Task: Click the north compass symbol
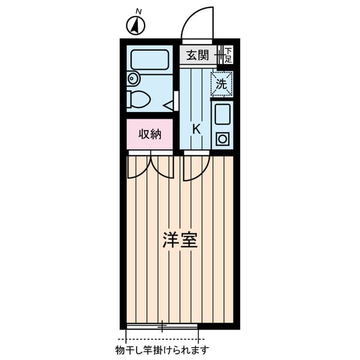pyautogui.click(x=136, y=25)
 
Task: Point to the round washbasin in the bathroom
pyautogui.click(x=133, y=78)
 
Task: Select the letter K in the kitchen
pyautogui.click(x=196, y=128)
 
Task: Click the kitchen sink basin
pyautogui.click(x=222, y=115)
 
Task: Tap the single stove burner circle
pyautogui.click(x=222, y=138)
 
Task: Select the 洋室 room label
pyautogui.click(x=180, y=240)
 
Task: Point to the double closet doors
pyautogui.click(x=150, y=167)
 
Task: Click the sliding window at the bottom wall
pyautogui.click(x=162, y=326)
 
